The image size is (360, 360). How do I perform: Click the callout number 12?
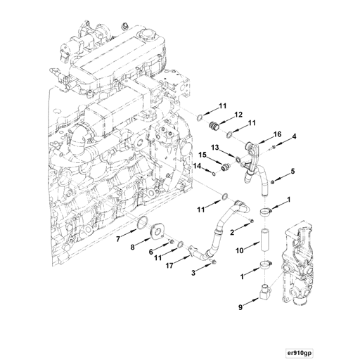pos(239,115)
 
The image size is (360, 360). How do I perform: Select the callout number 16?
pos(277,134)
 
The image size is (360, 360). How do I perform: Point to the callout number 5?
pos(293,171)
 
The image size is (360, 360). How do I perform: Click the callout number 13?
pos(214,148)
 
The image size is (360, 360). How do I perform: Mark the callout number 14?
pos(198,166)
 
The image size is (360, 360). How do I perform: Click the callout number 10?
pos(239,250)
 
